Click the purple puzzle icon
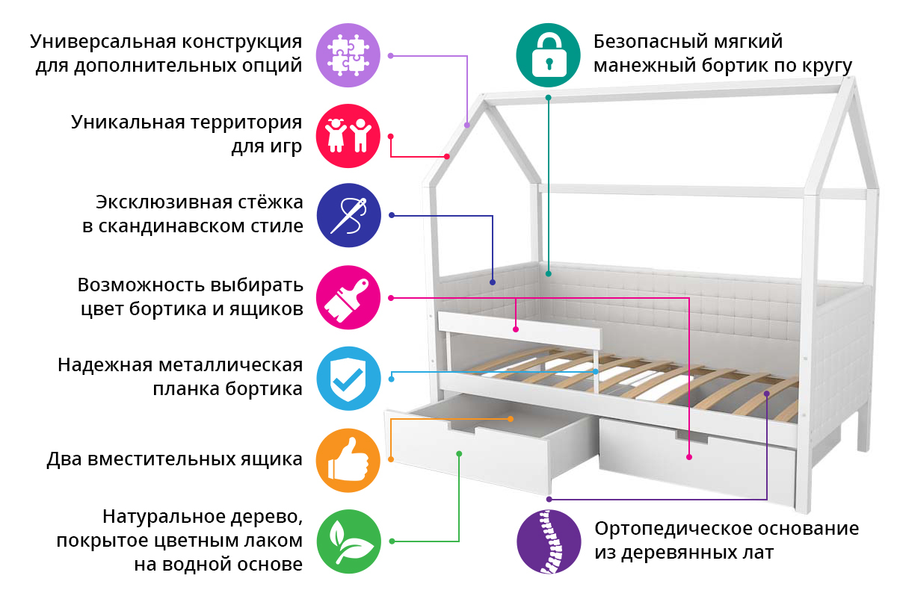click(x=348, y=55)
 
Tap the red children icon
click(x=348, y=136)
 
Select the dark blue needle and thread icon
click(x=348, y=215)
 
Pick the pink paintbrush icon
click(x=348, y=297)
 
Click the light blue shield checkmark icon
click(x=348, y=379)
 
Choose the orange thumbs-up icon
click(x=348, y=460)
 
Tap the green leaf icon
click(x=348, y=541)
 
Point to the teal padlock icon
click(x=548, y=55)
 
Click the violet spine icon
click(x=549, y=541)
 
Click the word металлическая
click(x=230, y=365)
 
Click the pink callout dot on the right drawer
click(x=688, y=457)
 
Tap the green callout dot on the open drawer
click(x=459, y=453)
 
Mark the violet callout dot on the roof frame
click(x=467, y=125)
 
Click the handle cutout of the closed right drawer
click(x=691, y=437)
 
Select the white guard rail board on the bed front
click(x=520, y=329)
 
